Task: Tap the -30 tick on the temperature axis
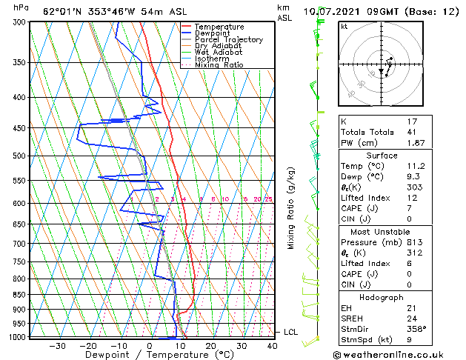click(57, 345)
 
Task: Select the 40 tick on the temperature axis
click(272, 345)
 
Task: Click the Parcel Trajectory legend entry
click(228, 39)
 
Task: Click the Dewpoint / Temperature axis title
click(148, 355)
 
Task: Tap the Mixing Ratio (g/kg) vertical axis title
click(291, 208)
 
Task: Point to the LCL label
click(290, 332)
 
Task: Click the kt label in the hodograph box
click(344, 26)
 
